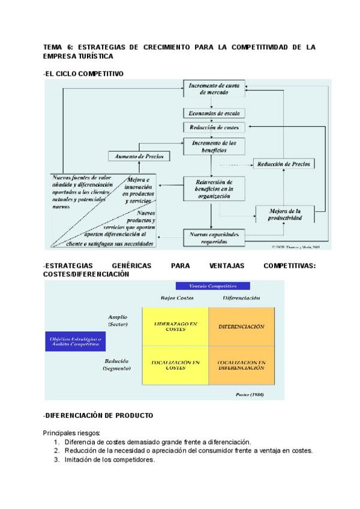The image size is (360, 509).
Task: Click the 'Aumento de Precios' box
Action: pos(139,156)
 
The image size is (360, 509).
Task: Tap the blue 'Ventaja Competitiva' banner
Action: pos(212,286)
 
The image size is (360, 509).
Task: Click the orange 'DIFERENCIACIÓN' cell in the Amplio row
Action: pos(241,327)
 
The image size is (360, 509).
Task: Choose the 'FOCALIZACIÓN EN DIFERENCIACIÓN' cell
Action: pos(241,365)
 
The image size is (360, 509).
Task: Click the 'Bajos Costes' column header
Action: pos(175,298)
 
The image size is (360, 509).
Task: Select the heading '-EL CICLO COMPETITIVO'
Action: pos(83,74)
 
